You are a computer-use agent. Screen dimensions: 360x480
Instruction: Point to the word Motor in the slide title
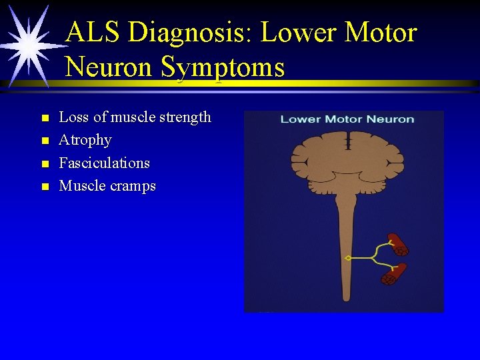pyautogui.click(x=380, y=32)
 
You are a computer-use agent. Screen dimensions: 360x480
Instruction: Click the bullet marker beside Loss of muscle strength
pyautogui.click(x=45, y=118)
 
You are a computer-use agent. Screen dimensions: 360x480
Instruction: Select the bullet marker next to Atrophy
pyautogui.click(x=45, y=141)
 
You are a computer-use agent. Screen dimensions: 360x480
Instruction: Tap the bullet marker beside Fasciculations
pyautogui.click(x=45, y=163)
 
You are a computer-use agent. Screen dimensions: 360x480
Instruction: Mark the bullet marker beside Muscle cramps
pyautogui.click(x=45, y=187)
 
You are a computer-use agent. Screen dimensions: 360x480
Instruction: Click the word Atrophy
pyautogui.click(x=85, y=140)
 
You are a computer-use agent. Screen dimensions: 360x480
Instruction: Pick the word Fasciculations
pyautogui.click(x=105, y=163)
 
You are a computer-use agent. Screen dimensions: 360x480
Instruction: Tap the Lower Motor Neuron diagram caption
pyautogui.click(x=347, y=119)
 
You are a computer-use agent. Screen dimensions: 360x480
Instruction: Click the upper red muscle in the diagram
pyautogui.click(x=398, y=244)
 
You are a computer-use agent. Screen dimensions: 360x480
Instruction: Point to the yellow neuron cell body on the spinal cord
pyautogui.click(x=347, y=257)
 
